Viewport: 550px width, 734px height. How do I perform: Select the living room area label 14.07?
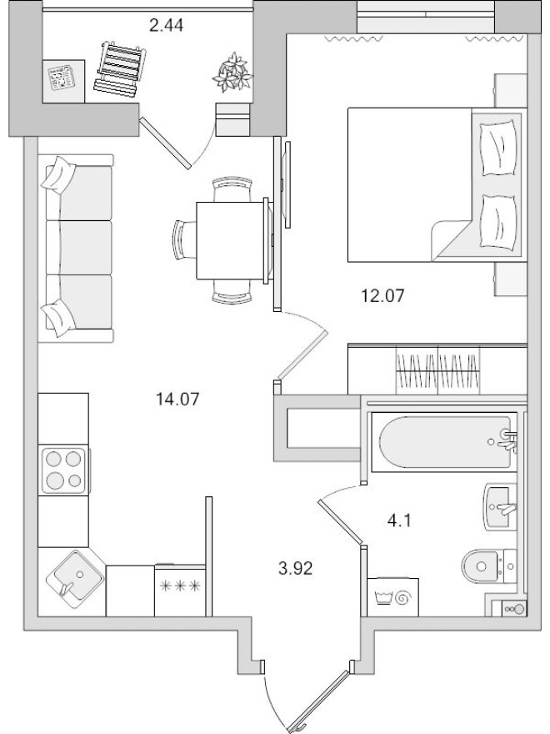[178, 399]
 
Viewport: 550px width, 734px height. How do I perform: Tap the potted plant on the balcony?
[232, 73]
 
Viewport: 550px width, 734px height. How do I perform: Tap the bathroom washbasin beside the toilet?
[502, 506]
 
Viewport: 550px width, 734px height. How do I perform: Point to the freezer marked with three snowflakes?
[179, 587]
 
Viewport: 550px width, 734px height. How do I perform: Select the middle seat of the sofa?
[79, 248]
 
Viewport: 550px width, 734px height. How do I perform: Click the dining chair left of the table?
[182, 240]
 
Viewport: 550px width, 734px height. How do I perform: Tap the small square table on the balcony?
[63, 82]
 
